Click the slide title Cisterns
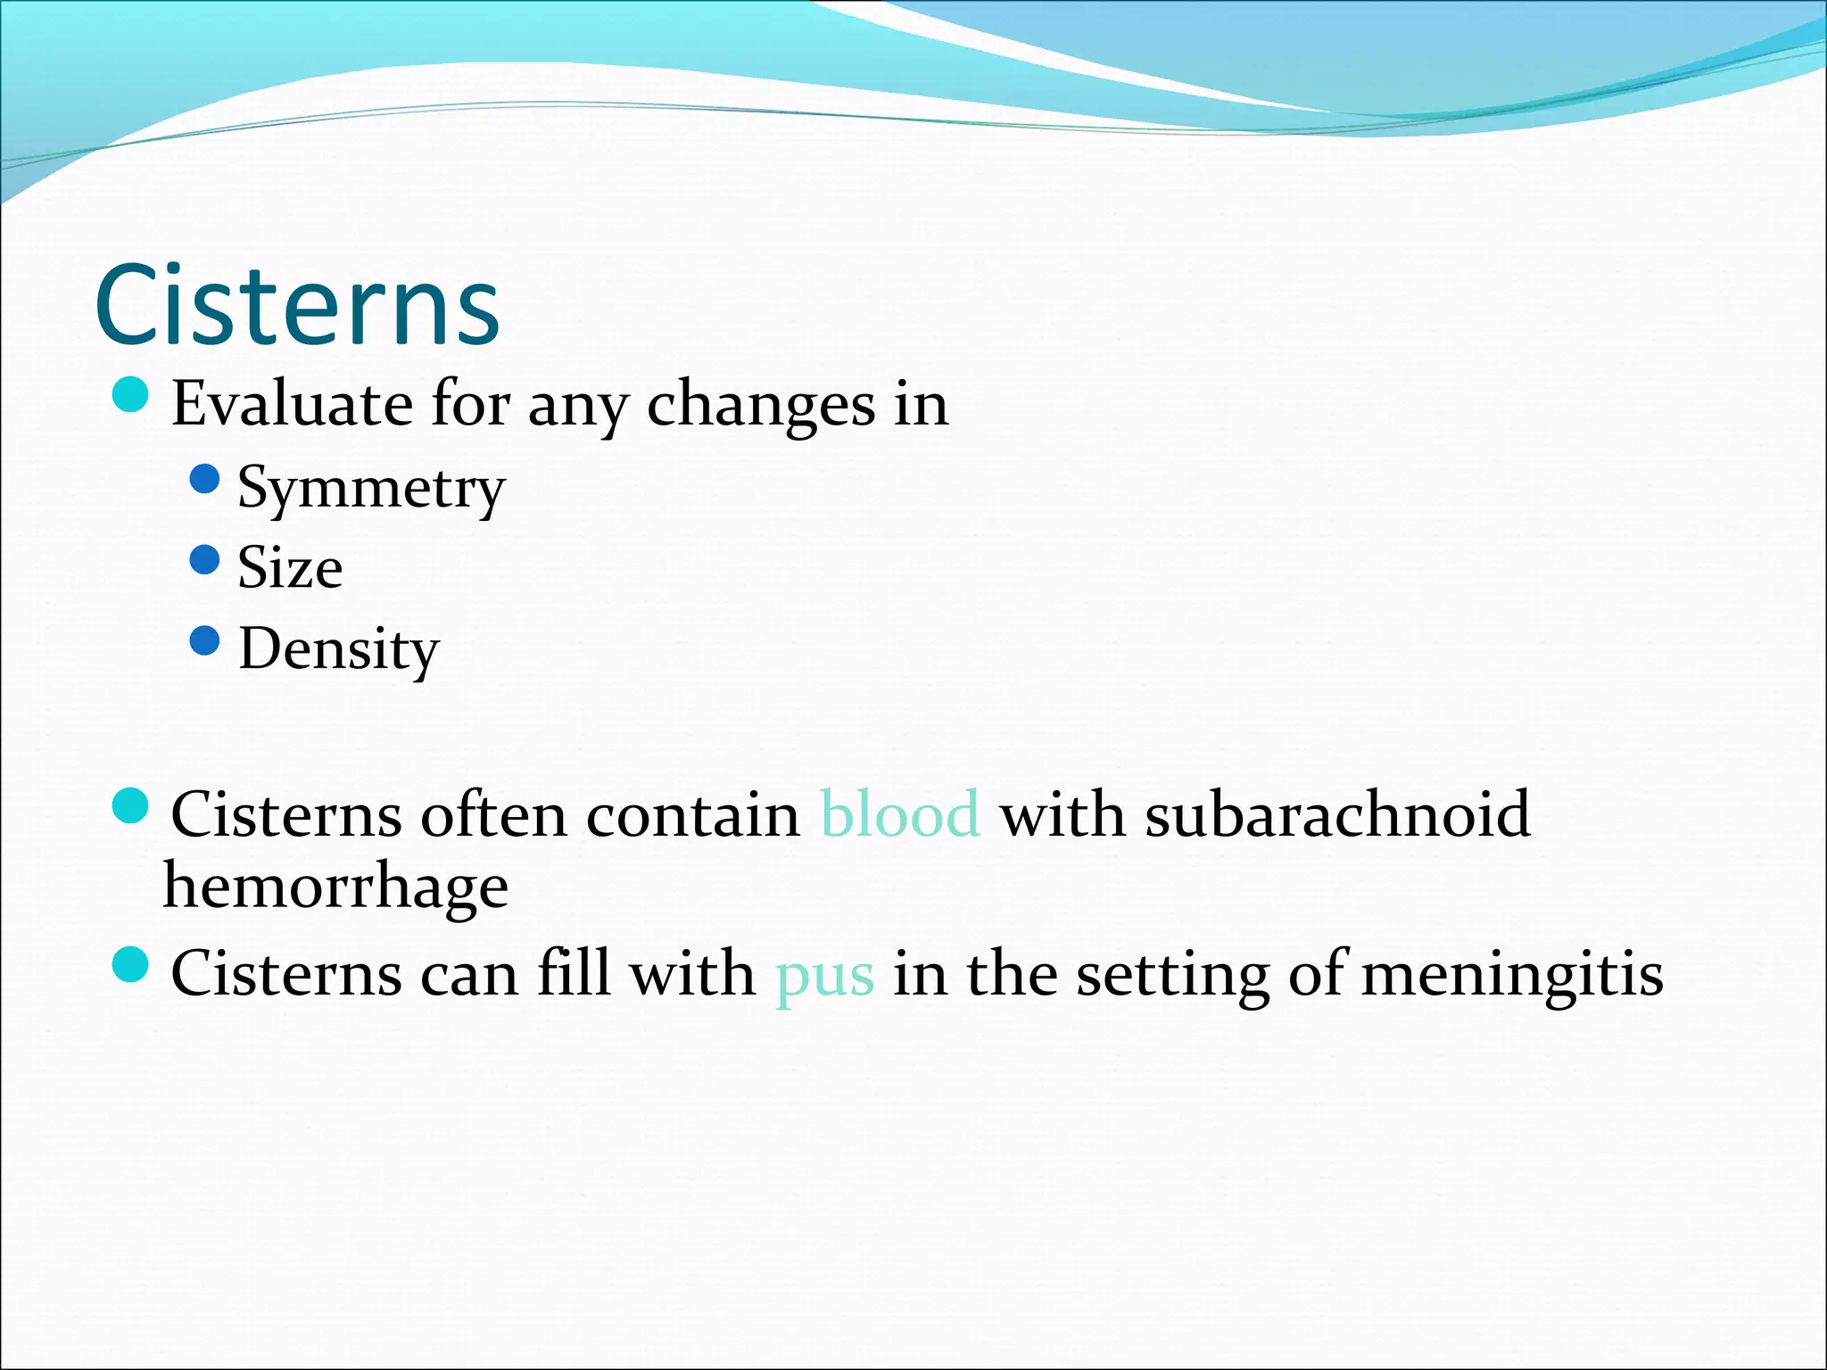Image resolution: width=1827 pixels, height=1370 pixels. point(297,305)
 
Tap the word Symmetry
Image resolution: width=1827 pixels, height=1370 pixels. point(371,489)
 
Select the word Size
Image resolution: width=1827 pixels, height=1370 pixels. point(290,568)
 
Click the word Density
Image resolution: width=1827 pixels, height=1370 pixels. point(339,649)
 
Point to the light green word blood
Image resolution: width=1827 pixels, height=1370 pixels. point(900,814)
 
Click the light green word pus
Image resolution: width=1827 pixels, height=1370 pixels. point(824,974)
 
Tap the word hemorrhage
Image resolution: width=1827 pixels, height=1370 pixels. point(335,887)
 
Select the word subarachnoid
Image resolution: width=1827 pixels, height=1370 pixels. point(1337,814)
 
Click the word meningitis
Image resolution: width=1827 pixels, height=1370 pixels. point(1512,974)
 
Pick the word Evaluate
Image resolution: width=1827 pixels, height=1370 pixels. point(292,404)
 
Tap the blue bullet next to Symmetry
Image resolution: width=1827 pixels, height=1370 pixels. point(205,479)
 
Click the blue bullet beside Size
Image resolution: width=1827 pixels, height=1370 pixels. point(205,560)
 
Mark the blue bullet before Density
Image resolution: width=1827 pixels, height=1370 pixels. point(205,640)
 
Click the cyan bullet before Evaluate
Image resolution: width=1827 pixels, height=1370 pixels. point(131,394)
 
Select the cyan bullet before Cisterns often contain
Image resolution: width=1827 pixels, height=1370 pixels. point(131,806)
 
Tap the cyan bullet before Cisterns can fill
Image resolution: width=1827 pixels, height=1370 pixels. point(131,964)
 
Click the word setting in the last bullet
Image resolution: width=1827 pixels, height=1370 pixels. point(1172,974)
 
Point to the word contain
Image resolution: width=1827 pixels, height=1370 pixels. point(693,814)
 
